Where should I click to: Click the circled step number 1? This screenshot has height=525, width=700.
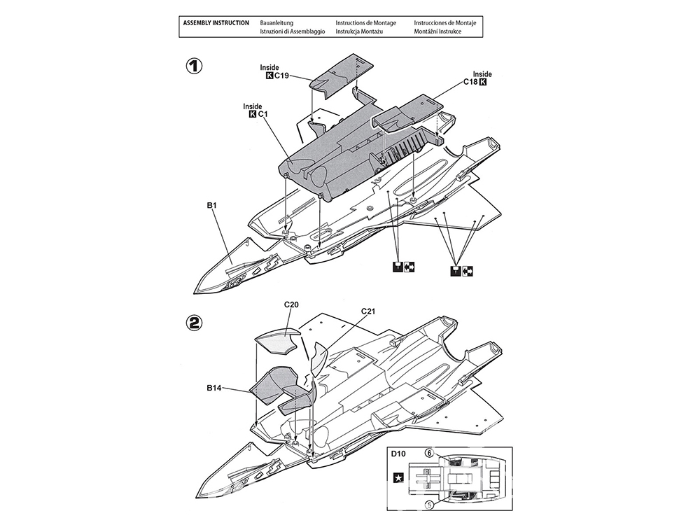(194, 66)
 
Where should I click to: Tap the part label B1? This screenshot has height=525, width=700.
(212, 205)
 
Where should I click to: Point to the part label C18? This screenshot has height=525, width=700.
(470, 82)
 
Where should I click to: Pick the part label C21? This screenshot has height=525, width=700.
(369, 311)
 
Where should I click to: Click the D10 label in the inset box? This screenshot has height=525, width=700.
(398, 454)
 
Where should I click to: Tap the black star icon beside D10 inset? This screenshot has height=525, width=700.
(398, 479)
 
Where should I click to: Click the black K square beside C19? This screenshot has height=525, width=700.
(270, 76)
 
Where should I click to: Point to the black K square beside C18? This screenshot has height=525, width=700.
(483, 82)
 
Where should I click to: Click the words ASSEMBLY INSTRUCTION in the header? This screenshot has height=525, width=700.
(216, 23)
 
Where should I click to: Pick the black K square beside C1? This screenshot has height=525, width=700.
(253, 114)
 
